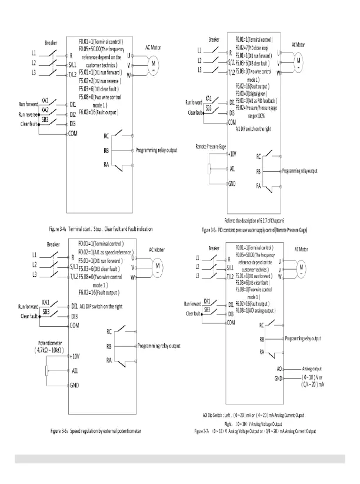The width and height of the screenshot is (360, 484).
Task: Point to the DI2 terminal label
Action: coord(73,115)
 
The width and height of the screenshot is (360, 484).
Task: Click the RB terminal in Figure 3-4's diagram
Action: coord(106,150)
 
